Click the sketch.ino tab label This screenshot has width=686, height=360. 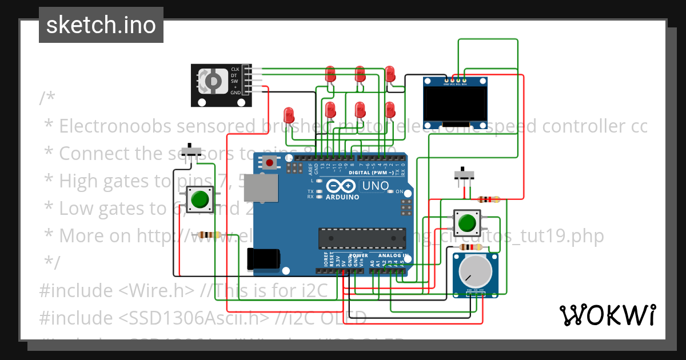point(101,25)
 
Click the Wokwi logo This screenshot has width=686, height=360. point(607,315)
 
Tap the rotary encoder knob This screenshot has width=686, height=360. point(210,81)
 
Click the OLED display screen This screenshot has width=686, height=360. point(455,104)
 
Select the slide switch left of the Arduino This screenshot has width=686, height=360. point(191,152)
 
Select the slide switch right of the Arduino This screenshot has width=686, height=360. point(464,174)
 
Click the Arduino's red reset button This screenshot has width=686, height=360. point(270,163)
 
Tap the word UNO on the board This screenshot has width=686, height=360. point(376,186)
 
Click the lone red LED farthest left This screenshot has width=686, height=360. point(289,114)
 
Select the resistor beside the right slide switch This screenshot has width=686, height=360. point(488,199)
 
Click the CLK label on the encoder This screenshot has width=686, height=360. point(234,69)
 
